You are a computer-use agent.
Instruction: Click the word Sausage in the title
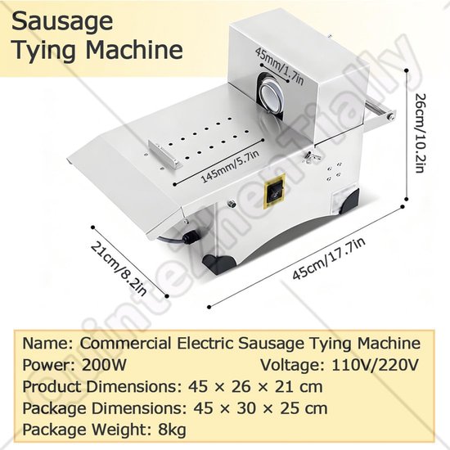pos(62,22)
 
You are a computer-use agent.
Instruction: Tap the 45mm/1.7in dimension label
pos(279,66)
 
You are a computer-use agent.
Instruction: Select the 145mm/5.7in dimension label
pos(231,166)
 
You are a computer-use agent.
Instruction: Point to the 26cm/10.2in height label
pos(419,133)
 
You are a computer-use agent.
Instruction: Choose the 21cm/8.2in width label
pos(119,268)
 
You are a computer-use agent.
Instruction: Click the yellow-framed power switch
pos(275,191)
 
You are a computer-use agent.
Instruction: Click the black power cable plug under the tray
pos(190,237)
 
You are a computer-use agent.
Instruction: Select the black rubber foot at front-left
pos(218,263)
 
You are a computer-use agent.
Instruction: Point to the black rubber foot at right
pos(350,202)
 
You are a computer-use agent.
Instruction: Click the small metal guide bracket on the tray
pos(164,153)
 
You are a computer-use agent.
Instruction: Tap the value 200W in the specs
pos(104,365)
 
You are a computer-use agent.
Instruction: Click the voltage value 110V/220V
pos(375,365)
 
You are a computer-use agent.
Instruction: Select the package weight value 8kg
pos(172,430)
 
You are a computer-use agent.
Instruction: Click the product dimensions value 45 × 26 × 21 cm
pos(255,387)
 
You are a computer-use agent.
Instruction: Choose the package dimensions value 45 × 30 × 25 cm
pos(260,408)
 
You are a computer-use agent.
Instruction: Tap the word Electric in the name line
pos(205,344)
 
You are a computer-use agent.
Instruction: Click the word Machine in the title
pos(134,51)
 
